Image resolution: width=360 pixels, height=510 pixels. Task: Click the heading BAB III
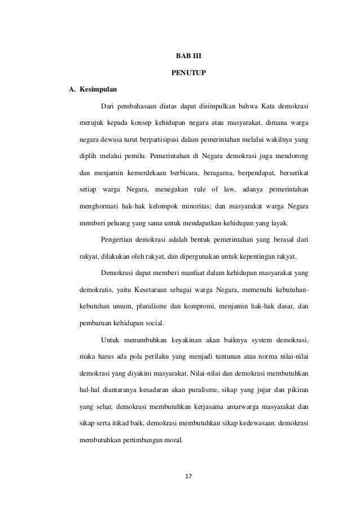(181, 57)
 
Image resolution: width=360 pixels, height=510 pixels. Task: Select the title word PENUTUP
(181, 73)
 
